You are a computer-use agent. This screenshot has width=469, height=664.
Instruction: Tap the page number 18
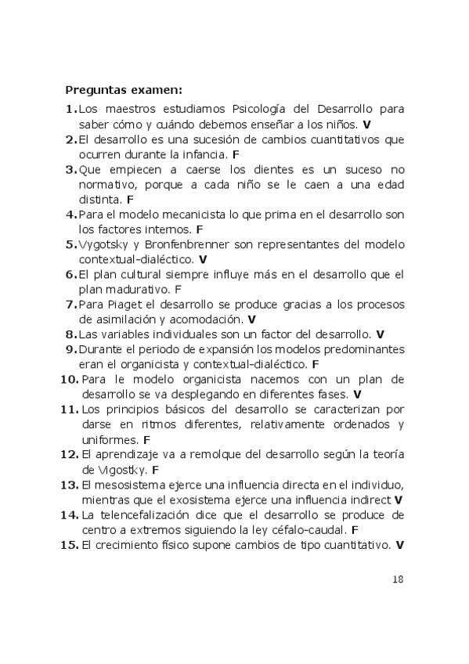pyautogui.click(x=397, y=579)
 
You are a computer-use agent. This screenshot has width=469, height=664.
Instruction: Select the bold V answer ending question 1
pyautogui.click(x=367, y=125)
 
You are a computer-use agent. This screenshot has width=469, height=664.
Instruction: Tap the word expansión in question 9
pyautogui.click(x=235, y=349)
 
